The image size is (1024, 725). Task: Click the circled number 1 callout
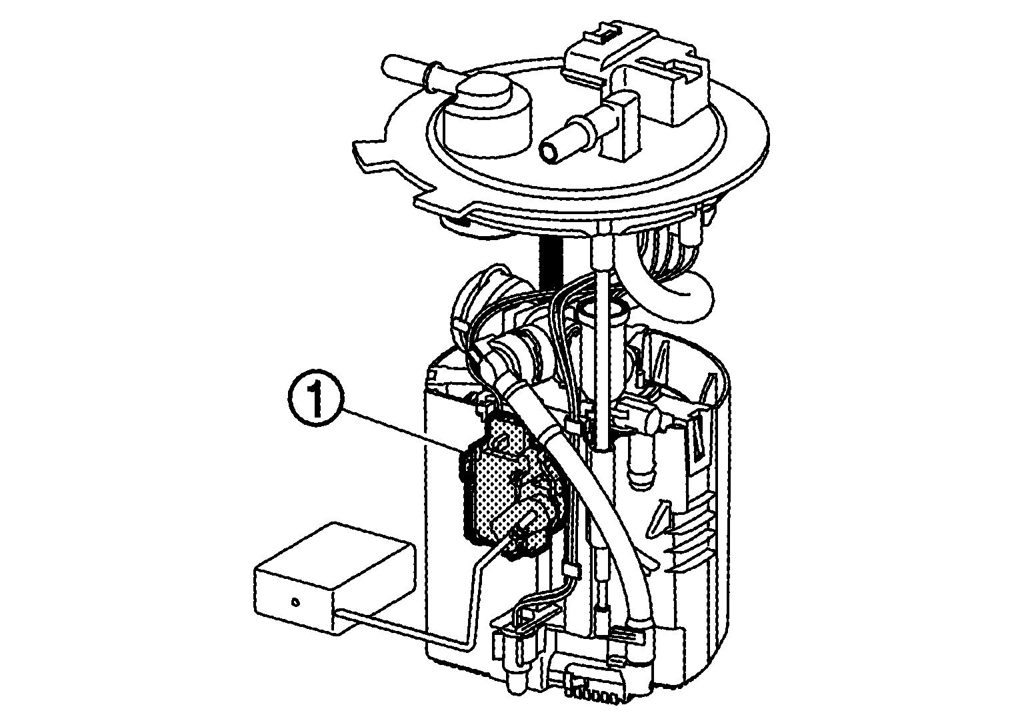(x=315, y=398)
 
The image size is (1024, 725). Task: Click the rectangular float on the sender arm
(x=333, y=577)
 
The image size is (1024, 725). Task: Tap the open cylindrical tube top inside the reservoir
(x=603, y=309)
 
